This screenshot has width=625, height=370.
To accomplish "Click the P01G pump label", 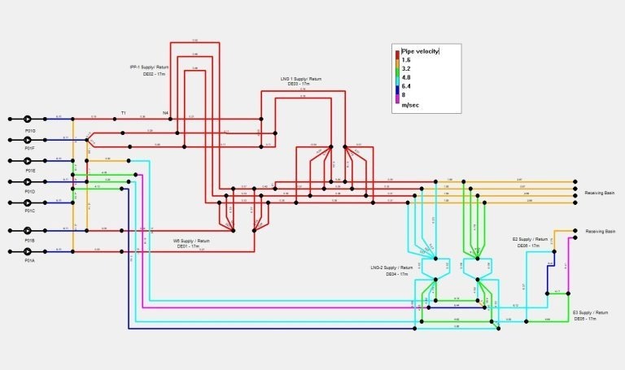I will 30,130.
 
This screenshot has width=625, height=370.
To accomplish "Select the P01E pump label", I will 30,171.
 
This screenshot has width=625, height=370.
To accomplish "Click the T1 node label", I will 124,112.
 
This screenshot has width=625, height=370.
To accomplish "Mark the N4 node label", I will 165,112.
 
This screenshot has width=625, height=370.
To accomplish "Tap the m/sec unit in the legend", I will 409,105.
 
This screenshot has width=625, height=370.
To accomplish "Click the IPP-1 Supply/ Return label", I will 149,67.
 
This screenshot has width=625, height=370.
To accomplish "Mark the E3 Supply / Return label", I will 590,313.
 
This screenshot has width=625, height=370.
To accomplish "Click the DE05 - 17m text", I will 586,319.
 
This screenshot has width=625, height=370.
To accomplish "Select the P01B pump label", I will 30,241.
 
